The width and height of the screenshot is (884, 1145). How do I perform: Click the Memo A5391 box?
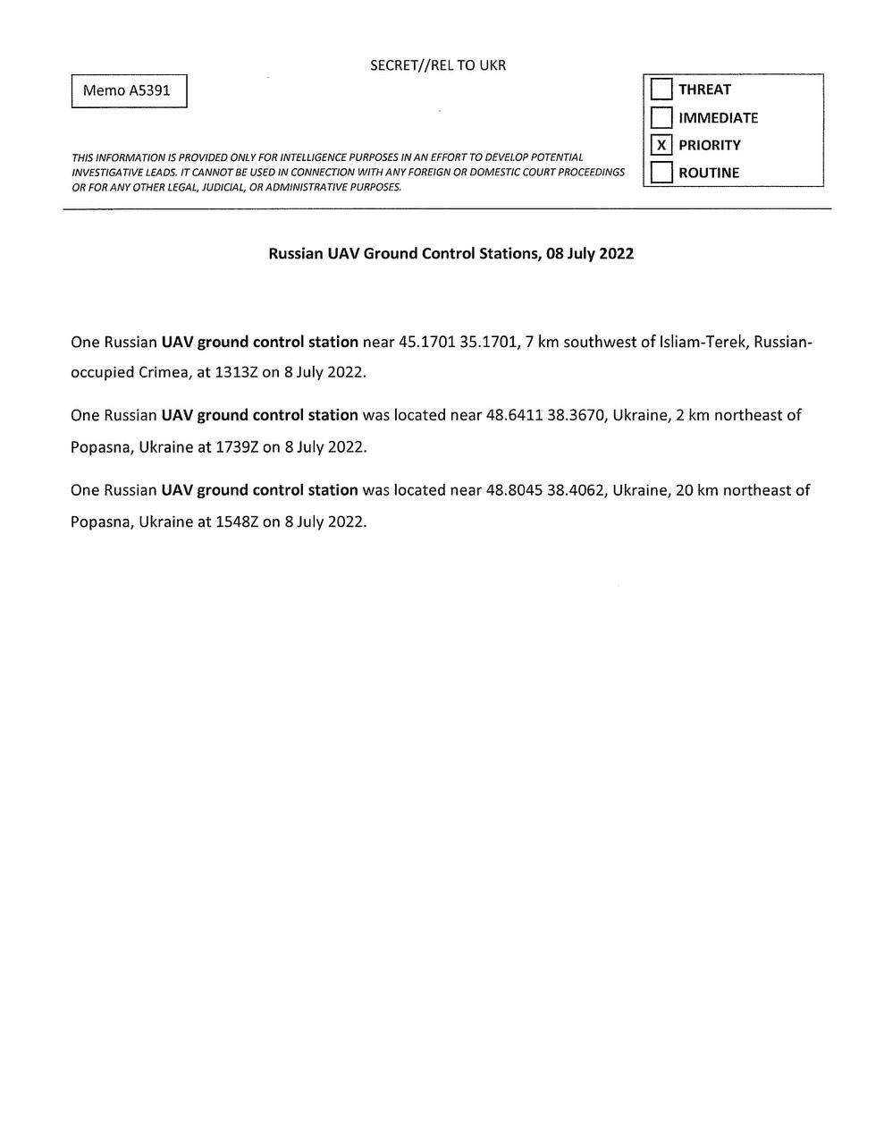[129, 90]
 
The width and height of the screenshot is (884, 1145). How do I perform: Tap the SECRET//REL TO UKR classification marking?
[438, 65]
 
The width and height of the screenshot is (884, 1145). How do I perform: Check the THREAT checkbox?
[661, 89]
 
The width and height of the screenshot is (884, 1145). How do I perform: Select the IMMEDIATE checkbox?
[661, 117]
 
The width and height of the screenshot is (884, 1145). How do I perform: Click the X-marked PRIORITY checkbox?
[661, 145]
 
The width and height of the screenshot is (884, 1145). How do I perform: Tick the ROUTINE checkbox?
[661, 173]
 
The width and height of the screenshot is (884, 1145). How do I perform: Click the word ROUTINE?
[709, 173]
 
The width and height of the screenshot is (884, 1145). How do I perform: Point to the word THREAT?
[704, 89]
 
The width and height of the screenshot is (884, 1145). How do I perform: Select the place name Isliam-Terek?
[703, 342]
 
